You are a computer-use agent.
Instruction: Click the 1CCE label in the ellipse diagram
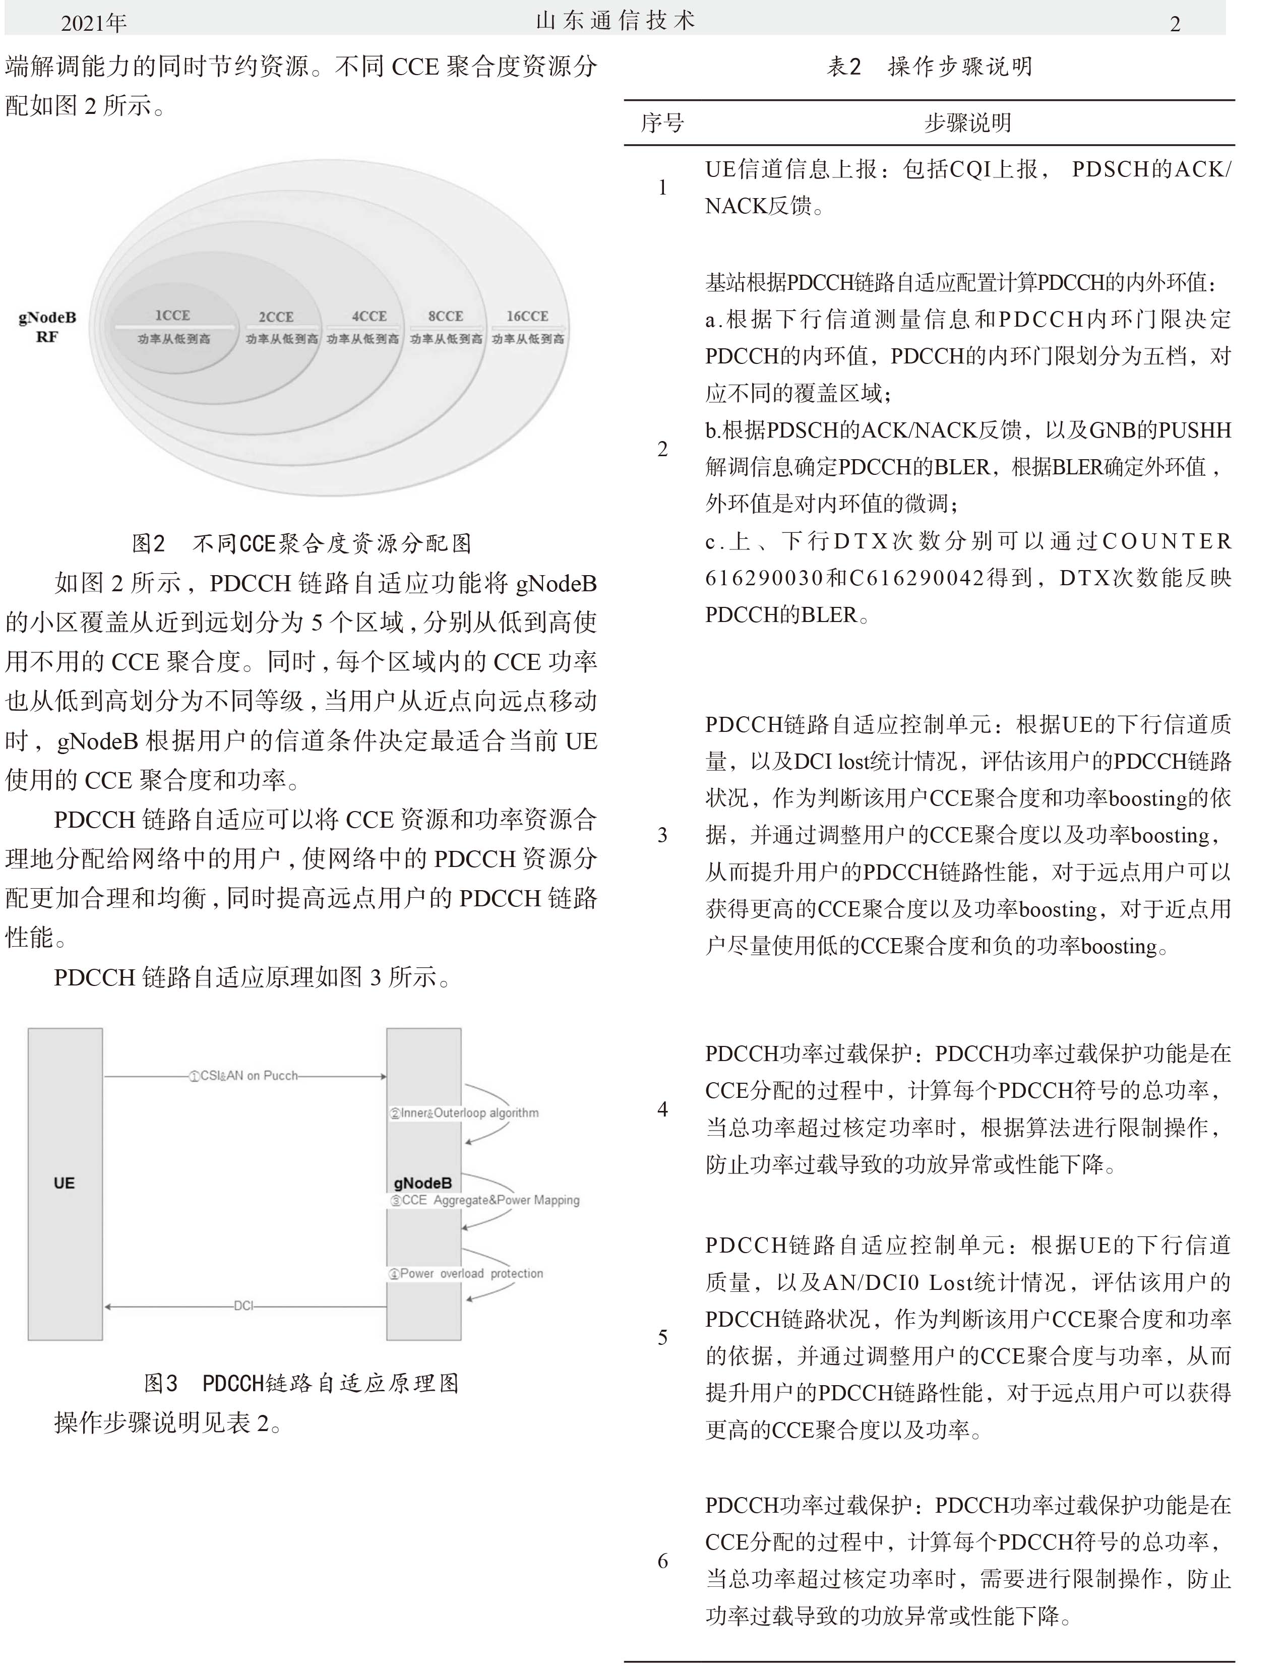[x=172, y=316]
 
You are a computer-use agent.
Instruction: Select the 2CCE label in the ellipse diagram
[x=276, y=317]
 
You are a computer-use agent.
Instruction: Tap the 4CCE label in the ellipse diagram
[x=369, y=316]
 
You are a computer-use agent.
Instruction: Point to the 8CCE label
[x=446, y=316]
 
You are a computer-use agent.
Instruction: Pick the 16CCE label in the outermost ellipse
[x=527, y=316]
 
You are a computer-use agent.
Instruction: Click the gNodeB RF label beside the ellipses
[x=47, y=327]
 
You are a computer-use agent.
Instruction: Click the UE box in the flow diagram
[x=65, y=1183]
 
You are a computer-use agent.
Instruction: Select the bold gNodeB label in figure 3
[x=422, y=1183]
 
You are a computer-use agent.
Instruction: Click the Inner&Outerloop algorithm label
[x=465, y=1113]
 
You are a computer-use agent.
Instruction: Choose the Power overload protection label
[x=466, y=1273]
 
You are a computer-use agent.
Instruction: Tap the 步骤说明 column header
[x=967, y=123]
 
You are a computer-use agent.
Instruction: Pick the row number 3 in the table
[x=663, y=835]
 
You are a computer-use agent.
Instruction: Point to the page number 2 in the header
[x=1175, y=24]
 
